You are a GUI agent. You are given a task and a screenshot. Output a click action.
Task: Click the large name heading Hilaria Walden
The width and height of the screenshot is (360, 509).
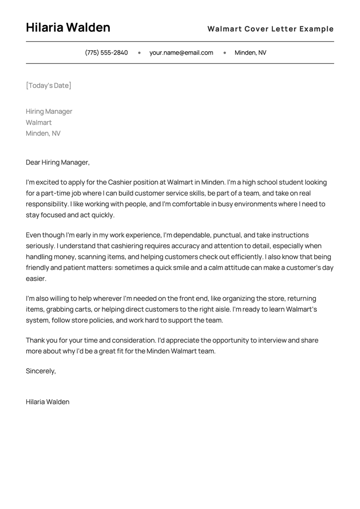68,28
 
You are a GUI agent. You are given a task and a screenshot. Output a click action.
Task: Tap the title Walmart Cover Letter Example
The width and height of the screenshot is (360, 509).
270,29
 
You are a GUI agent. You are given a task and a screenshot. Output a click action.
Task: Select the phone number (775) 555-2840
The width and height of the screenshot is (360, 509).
106,53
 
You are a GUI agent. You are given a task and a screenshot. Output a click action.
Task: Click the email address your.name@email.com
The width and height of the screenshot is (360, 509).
181,53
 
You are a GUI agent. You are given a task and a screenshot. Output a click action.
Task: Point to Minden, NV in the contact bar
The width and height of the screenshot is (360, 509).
250,53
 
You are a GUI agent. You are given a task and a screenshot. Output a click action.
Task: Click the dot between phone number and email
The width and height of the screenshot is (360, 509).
139,53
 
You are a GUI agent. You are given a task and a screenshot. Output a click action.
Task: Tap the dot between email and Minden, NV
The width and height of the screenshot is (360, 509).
225,53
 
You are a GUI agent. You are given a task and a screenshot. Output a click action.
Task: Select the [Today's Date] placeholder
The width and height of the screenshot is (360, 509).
49,85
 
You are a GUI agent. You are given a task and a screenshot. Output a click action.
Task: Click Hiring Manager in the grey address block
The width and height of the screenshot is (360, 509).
49,111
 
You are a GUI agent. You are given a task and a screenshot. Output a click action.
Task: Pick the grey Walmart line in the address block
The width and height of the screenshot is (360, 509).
39,122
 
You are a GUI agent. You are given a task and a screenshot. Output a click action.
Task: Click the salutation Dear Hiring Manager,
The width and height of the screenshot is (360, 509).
58,162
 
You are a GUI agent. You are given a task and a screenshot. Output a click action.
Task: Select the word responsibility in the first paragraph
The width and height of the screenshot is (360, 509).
47,204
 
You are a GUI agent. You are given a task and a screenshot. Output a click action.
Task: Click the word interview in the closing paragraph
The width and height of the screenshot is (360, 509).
273,340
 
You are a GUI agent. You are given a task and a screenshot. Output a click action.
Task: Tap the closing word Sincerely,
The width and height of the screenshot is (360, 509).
41,371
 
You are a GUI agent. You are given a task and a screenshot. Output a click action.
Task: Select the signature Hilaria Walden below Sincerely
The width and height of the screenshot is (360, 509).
48,402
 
